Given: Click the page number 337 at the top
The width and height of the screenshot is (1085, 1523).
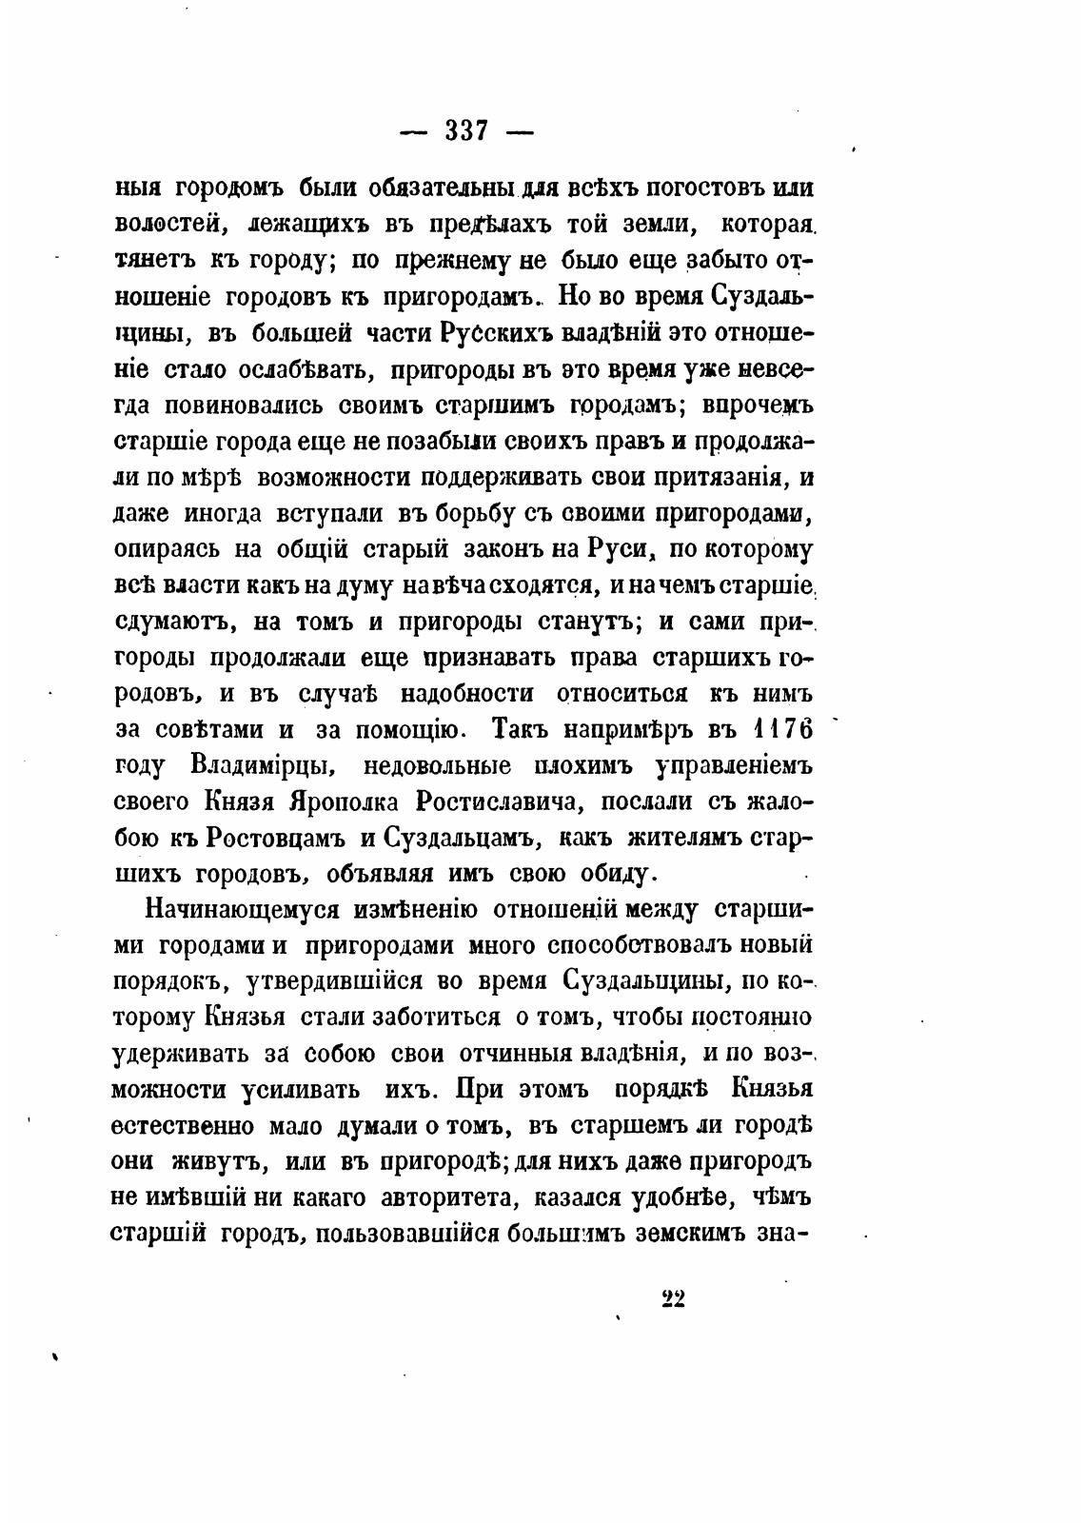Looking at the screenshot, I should coord(466,130).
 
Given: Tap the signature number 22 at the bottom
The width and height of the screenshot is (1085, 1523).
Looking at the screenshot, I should coord(673,1299).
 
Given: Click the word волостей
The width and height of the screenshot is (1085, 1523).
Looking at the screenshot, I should coord(168,225).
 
